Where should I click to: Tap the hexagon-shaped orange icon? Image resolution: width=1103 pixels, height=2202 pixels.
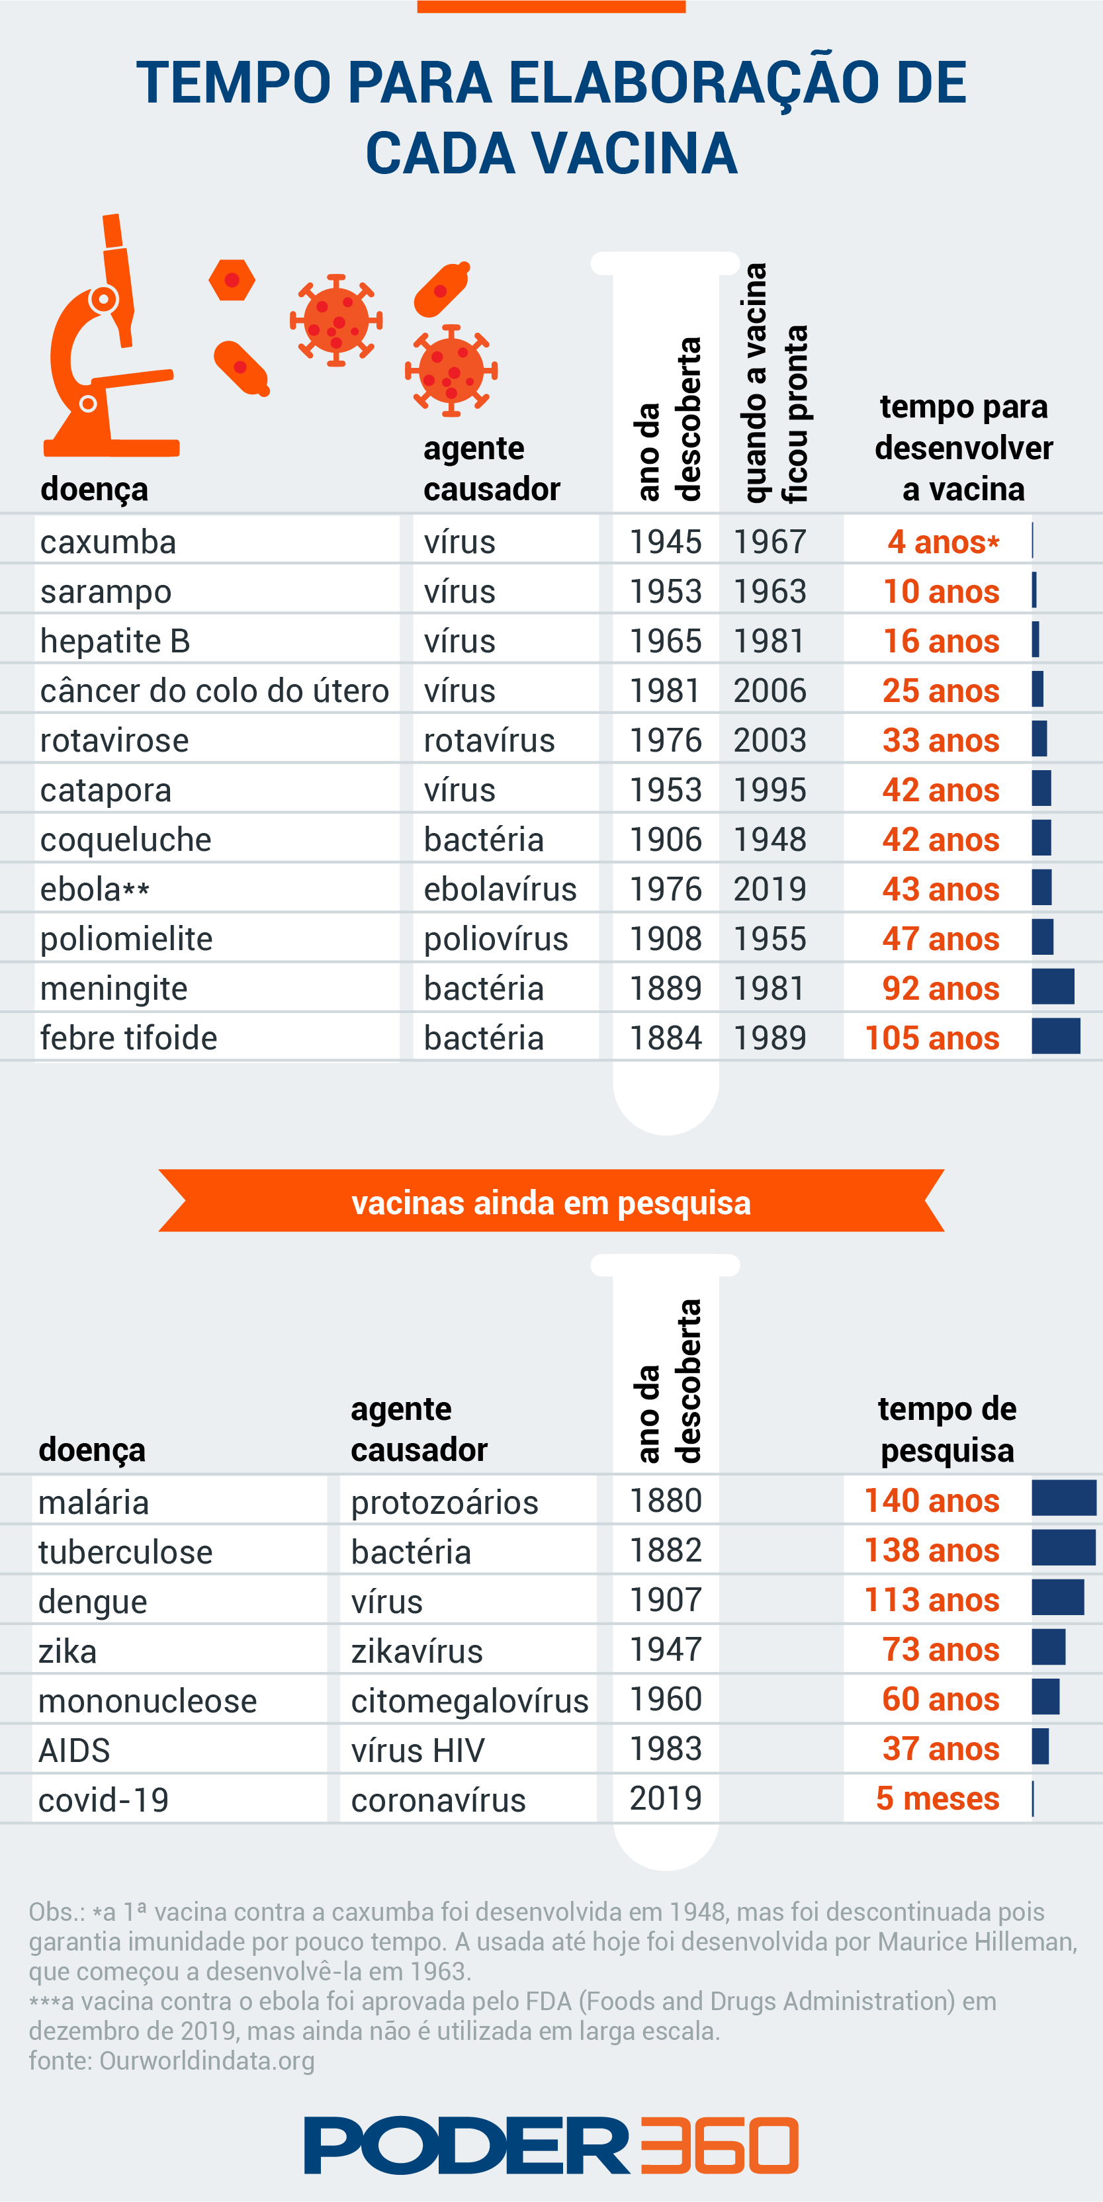tap(232, 281)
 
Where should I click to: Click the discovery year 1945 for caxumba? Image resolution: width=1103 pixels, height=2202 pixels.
tap(665, 542)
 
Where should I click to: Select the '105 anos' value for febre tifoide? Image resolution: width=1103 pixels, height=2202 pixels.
tap(932, 1037)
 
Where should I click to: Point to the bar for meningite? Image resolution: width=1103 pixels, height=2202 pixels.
tap(1053, 987)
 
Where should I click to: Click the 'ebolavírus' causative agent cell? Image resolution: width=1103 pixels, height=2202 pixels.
tap(500, 889)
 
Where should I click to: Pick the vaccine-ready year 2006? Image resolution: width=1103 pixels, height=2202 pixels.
tap(770, 691)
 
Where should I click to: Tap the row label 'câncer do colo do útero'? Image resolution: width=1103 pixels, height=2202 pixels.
tap(214, 691)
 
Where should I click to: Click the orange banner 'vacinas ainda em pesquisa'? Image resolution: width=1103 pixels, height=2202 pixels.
tap(552, 1202)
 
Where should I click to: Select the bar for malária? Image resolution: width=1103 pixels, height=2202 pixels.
tap(1064, 1499)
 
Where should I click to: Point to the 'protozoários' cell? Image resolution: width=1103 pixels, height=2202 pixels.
tap(445, 1502)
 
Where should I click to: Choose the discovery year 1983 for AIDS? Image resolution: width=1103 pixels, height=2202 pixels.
tap(665, 1749)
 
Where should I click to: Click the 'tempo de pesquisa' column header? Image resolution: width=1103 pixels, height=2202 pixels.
tap(948, 1429)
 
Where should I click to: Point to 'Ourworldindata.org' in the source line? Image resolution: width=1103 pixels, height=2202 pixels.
tap(207, 2061)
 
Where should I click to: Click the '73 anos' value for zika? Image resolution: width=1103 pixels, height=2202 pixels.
tap(940, 1650)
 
